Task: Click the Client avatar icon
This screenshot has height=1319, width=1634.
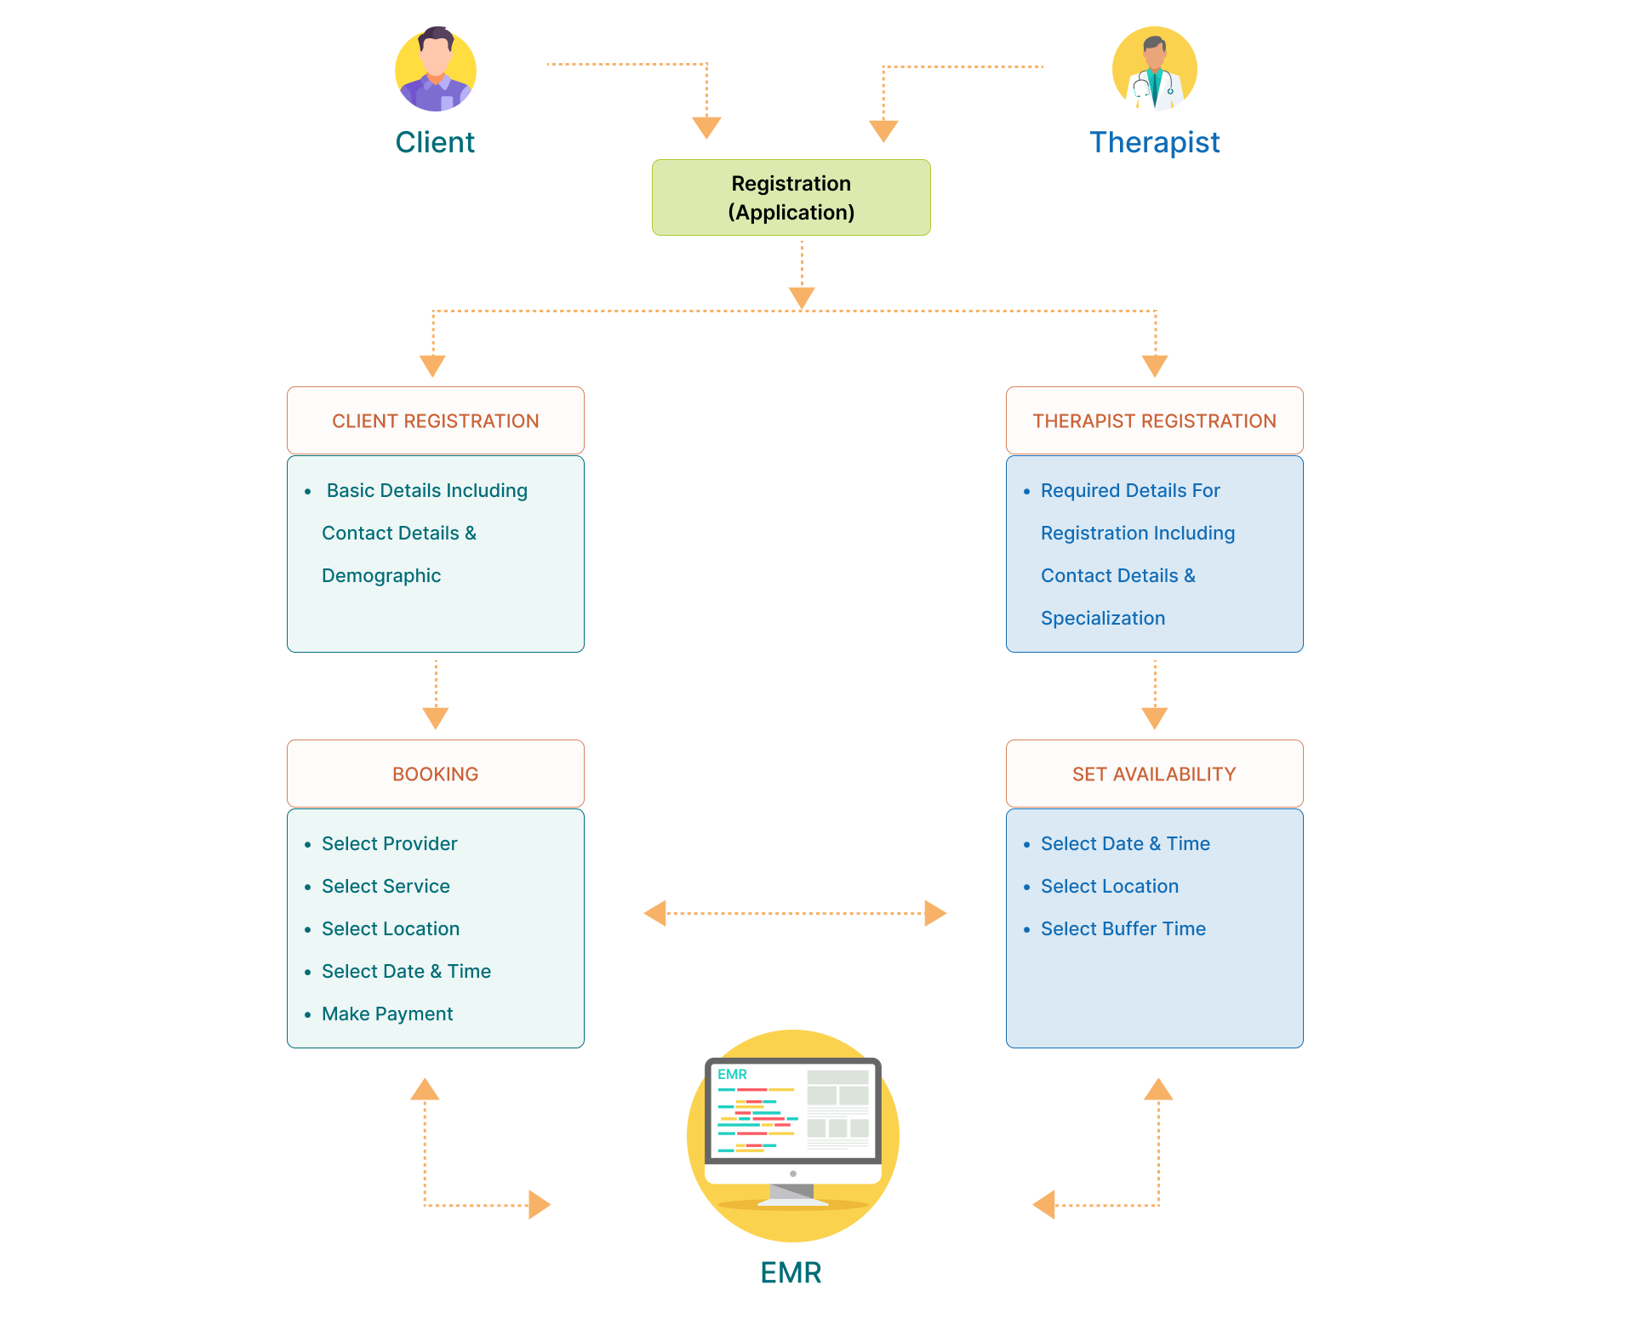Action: pyautogui.click(x=435, y=70)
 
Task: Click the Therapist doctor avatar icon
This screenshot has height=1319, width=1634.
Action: pyautogui.click(x=1154, y=70)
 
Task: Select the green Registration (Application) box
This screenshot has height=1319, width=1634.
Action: pyautogui.click(x=791, y=197)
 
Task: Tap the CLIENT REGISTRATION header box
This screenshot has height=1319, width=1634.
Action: pyautogui.click(x=435, y=421)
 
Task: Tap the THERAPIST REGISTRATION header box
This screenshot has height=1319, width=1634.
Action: pyautogui.click(x=1154, y=421)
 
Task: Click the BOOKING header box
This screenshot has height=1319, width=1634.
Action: pyautogui.click(x=435, y=774)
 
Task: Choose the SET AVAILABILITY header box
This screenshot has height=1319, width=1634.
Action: pyautogui.click(x=1154, y=774)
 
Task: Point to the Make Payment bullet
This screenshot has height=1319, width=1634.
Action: pyautogui.click(x=387, y=1014)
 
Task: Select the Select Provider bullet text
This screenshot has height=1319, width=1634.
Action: pyautogui.click(x=389, y=843)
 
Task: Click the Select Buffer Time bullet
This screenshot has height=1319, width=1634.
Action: pyautogui.click(x=1123, y=928)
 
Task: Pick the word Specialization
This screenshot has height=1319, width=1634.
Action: pyautogui.click(x=1102, y=618)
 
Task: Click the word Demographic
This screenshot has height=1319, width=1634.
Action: pyautogui.click(x=381, y=575)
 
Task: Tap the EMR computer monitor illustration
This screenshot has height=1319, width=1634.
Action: pyautogui.click(x=792, y=1128)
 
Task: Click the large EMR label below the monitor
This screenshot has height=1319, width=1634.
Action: pyautogui.click(x=791, y=1272)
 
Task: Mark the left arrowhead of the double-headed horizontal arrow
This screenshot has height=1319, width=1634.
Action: pyautogui.click(x=655, y=913)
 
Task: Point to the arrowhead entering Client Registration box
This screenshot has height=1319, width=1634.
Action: pyautogui.click(x=432, y=365)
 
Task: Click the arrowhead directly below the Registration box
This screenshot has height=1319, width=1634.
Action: pyautogui.click(x=802, y=297)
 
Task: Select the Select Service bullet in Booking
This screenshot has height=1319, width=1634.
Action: pyautogui.click(x=386, y=886)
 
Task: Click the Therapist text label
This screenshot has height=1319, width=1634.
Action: pyautogui.click(x=1154, y=142)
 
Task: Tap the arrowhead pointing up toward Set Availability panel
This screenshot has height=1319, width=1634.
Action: pyautogui.click(x=1158, y=1089)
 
